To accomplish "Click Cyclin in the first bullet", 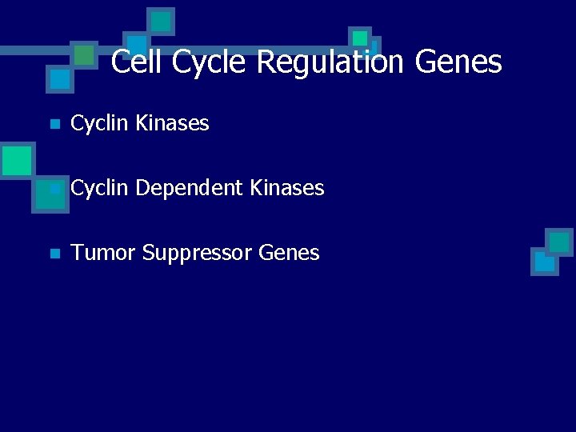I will [100, 123].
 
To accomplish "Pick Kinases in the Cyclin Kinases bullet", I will [172, 123].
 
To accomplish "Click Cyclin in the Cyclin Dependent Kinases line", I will [100, 188].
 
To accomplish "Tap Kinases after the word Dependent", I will [287, 188].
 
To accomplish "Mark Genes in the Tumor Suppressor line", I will [289, 253].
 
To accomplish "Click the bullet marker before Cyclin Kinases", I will [54, 124].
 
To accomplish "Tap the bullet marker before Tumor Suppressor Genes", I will [54, 254].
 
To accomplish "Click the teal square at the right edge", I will [559, 242].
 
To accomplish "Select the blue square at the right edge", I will [544, 262].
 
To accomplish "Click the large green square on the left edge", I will [16, 160].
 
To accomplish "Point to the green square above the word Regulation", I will [360, 38].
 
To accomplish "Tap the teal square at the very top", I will [161, 21].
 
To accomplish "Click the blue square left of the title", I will [58, 79].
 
